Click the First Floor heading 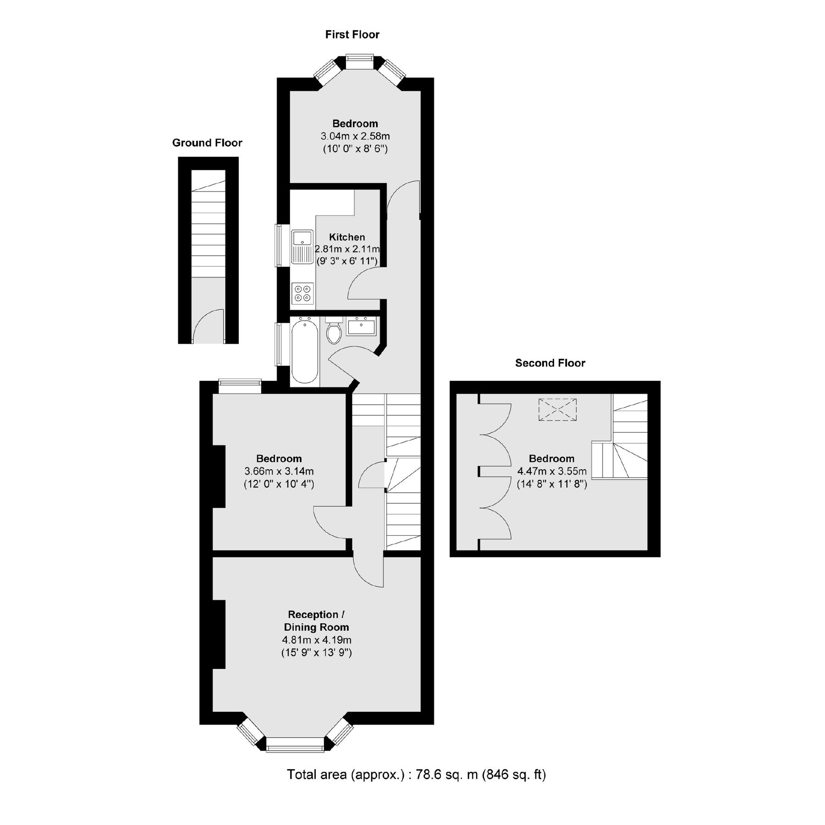(x=352, y=34)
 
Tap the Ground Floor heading (x=207, y=143)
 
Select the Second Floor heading (x=550, y=363)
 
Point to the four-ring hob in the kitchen (x=302, y=293)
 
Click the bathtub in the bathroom (x=304, y=352)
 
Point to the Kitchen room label (x=347, y=237)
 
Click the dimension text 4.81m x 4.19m (x=316, y=640)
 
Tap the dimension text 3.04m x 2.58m (x=355, y=136)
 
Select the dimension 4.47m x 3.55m (x=552, y=471)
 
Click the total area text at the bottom (x=416, y=775)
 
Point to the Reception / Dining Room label (x=316, y=621)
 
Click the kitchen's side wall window (x=278, y=245)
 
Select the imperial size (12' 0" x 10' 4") (x=279, y=484)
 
